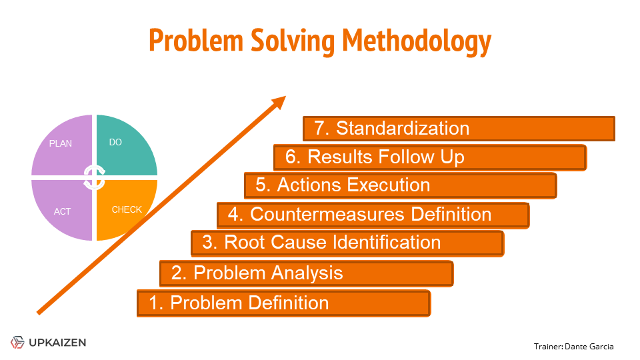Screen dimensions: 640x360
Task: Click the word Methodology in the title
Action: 417,41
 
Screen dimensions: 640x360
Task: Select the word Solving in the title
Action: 292,41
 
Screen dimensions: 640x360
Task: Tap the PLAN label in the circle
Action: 61,144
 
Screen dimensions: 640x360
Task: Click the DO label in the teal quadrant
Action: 115,143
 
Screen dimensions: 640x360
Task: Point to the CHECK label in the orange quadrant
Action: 127,210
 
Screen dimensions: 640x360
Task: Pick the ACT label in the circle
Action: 62,211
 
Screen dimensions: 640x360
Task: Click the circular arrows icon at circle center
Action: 94,177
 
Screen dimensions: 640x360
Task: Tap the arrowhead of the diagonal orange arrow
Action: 279,102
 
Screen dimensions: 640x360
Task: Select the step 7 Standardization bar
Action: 459,129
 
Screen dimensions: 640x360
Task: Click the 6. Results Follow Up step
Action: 430,157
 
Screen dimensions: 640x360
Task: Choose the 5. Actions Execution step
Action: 401,186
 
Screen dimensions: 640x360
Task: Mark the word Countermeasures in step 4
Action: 327,214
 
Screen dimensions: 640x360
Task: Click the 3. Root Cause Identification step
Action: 347,243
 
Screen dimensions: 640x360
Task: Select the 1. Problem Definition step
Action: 284,303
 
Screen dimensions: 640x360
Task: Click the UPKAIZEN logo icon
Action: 17,342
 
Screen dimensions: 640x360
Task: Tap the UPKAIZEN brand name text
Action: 57,343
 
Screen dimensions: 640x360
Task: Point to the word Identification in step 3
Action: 387,243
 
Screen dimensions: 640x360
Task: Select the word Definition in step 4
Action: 451,214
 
